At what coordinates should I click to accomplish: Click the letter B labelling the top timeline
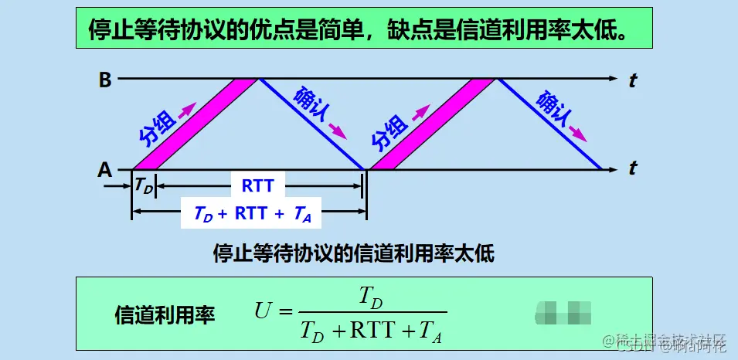click(105, 79)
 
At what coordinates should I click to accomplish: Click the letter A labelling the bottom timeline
click(105, 169)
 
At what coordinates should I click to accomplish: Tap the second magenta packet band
click(433, 124)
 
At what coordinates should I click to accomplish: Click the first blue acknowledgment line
click(311, 124)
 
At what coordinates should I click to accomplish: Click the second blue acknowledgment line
click(549, 124)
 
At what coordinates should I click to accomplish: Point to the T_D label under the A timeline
click(144, 185)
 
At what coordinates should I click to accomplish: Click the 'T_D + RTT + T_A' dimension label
click(251, 214)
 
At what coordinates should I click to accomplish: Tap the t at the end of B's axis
click(632, 80)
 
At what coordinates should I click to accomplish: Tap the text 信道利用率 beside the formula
click(165, 314)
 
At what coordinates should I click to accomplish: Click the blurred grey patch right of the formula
click(562, 312)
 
